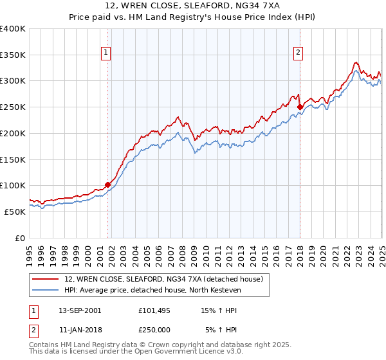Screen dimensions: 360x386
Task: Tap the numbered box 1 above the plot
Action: point(105,53)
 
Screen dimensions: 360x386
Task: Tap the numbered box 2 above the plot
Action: point(299,53)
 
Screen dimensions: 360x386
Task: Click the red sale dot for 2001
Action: point(107,185)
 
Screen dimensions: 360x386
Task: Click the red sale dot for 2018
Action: point(300,107)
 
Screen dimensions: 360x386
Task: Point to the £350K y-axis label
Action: point(13,55)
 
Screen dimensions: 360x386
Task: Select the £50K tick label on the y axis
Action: point(15,212)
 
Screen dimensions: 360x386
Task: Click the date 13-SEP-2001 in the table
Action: point(80,310)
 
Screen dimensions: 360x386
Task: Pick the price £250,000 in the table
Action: point(154,330)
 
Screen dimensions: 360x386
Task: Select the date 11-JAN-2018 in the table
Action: point(80,330)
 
